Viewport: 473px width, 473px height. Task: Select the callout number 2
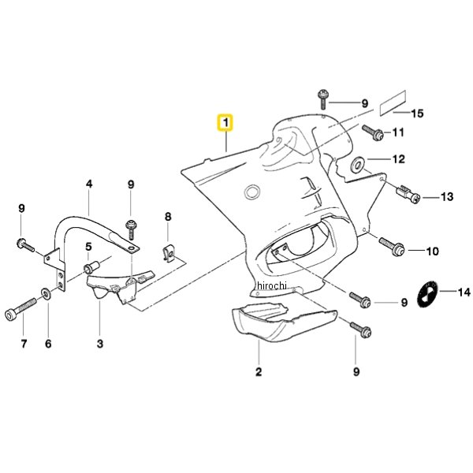tap(259, 372)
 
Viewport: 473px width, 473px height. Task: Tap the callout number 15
tap(418, 114)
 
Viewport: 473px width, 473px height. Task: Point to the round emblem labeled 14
tap(427, 294)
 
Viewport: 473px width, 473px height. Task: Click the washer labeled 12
tap(358, 165)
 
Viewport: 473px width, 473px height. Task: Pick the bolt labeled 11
tap(373, 133)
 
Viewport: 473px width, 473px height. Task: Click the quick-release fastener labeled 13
tap(408, 194)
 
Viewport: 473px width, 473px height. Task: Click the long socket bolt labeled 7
tap(20, 307)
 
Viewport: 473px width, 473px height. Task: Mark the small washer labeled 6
tap(47, 293)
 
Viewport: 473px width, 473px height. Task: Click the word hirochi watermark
tap(272, 285)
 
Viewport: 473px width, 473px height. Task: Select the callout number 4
tap(89, 184)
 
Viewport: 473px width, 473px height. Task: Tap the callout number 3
tap(100, 344)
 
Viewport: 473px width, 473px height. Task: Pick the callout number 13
tap(447, 196)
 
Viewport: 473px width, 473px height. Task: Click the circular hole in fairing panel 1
tap(252, 192)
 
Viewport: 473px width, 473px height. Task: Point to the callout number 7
tap(24, 344)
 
